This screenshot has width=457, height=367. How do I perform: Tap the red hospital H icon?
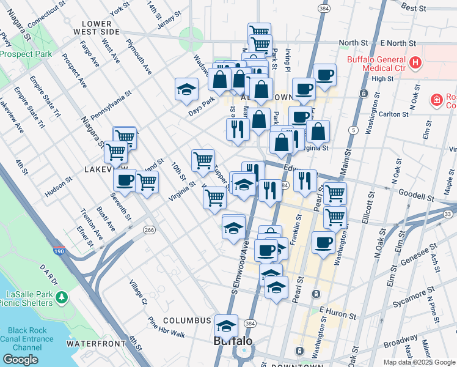click(415, 62)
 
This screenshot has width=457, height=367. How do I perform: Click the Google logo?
click(21, 360)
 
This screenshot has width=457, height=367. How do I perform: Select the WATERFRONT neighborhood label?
click(92, 344)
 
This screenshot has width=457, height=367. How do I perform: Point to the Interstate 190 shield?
click(59, 251)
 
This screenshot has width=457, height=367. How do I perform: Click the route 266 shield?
click(149, 229)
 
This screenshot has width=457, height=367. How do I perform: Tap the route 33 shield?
click(448, 213)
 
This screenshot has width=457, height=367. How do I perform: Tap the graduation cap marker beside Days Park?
click(186, 89)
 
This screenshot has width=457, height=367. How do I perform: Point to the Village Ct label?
click(138, 292)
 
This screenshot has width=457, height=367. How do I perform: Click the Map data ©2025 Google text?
click(419, 362)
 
